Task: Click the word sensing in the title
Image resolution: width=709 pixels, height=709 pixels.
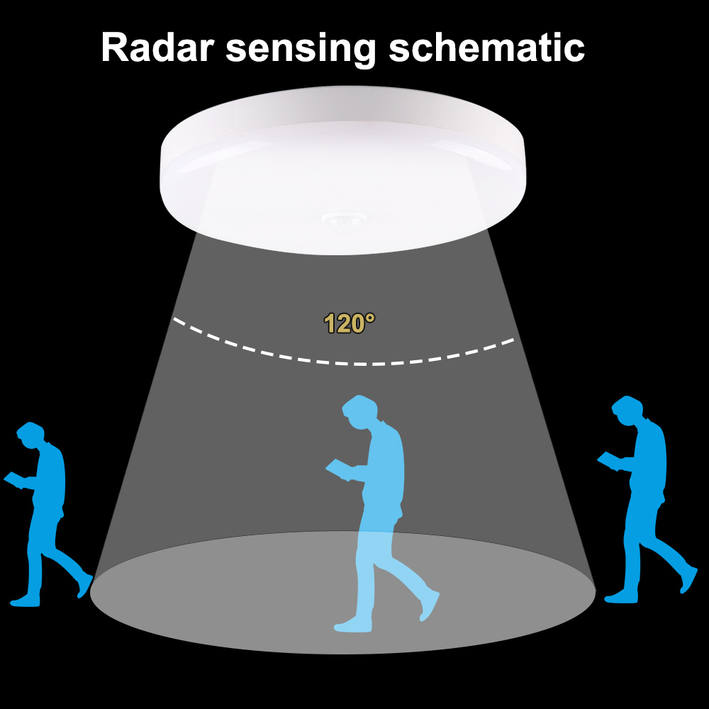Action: (x=301, y=50)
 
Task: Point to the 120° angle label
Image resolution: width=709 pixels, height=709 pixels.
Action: (x=349, y=323)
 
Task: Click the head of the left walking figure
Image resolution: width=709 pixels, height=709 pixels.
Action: (x=30, y=435)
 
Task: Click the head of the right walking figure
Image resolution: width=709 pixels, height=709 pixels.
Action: (x=627, y=410)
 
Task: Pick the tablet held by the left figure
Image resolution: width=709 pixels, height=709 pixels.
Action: (x=15, y=480)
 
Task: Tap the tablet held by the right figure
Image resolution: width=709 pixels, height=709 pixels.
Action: (x=609, y=460)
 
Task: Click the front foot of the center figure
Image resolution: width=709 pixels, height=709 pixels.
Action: (x=352, y=625)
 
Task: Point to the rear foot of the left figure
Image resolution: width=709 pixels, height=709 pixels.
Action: (x=85, y=586)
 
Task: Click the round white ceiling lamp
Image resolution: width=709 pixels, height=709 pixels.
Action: (x=343, y=169)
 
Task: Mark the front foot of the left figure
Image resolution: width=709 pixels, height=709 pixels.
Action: (x=25, y=601)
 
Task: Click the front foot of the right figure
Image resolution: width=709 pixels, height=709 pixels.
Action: (x=621, y=598)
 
